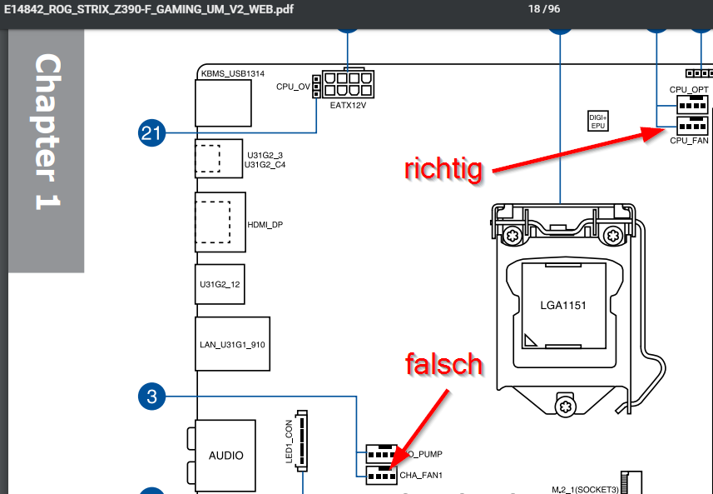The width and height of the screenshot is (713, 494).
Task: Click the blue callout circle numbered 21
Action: (x=151, y=132)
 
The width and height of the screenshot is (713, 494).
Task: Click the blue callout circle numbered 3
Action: (x=151, y=397)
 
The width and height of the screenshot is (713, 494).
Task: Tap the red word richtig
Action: (x=443, y=169)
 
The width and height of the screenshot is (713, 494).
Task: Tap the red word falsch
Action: (x=443, y=364)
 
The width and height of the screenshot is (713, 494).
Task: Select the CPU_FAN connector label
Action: (x=689, y=141)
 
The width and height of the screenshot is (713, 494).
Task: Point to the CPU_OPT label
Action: (x=689, y=88)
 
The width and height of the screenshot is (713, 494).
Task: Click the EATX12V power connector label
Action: (x=348, y=105)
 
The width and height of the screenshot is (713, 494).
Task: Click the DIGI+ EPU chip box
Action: (x=597, y=121)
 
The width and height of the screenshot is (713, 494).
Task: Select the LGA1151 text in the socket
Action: (x=563, y=305)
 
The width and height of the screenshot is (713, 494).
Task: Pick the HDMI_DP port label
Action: (x=265, y=224)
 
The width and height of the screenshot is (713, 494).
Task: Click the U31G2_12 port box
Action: (x=220, y=284)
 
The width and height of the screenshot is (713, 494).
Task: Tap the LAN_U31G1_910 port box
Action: (x=233, y=343)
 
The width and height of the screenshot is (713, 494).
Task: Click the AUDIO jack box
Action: (x=226, y=455)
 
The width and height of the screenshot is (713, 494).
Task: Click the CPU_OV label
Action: (x=293, y=87)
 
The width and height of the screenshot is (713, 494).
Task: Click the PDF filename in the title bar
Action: (x=146, y=9)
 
